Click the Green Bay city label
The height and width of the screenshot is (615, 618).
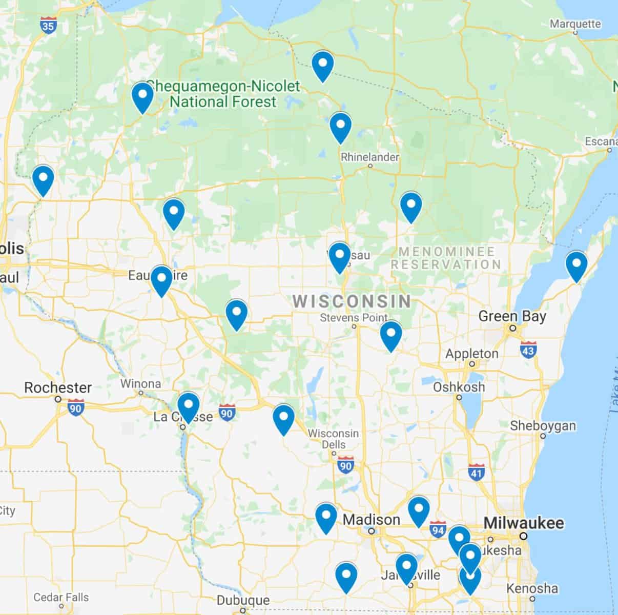(512, 316)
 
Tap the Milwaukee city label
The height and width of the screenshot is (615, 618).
(523, 523)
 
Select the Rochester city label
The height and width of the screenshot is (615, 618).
(58, 387)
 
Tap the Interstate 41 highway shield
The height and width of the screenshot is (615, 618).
(477, 472)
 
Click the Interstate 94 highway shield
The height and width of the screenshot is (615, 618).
(438, 528)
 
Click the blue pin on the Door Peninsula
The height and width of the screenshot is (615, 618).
(576, 265)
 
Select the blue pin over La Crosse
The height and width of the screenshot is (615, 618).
(188, 406)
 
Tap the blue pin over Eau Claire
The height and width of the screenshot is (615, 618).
(161, 280)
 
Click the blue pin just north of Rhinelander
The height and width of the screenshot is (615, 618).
(340, 127)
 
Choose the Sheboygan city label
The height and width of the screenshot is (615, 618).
(543, 426)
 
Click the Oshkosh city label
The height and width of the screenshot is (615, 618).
(459, 387)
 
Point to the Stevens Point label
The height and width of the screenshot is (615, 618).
(354, 318)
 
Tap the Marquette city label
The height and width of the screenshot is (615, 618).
(575, 24)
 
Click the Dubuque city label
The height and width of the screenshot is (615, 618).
(243, 600)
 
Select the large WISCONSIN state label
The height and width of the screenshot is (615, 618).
(352, 301)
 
